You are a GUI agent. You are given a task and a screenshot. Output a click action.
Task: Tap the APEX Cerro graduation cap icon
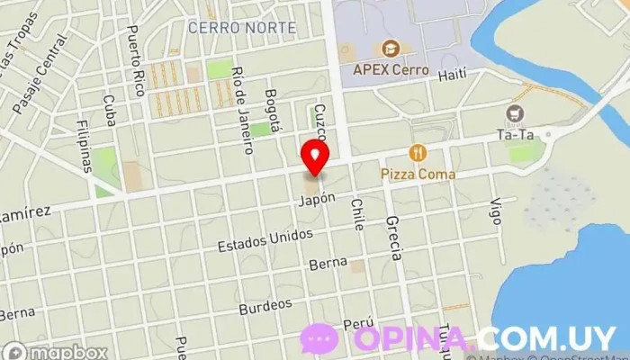point(391,48)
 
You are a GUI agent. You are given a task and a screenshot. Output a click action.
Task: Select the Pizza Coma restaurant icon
point(417,153)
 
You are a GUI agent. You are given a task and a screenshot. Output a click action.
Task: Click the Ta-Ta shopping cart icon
point(515,114)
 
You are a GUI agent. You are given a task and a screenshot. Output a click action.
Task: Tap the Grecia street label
point(392,237)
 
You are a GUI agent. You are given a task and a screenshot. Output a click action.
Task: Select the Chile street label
point(357,213)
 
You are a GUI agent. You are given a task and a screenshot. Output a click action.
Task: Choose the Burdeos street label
point(265,307)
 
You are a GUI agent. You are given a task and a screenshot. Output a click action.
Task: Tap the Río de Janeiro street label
point(239,96)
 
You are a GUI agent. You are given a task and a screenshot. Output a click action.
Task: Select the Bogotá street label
point(274,108)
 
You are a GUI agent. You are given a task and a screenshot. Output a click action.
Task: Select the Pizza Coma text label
point(418,174)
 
